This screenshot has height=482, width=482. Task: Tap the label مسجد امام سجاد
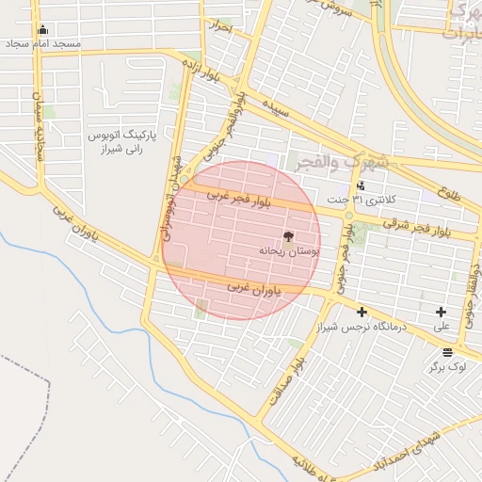tap(43, 44)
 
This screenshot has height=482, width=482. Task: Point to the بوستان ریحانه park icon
tap(288, 237)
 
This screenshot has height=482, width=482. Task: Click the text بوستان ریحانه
tap(290, 251)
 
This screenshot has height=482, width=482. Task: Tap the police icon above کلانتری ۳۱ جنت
tap(361, 185)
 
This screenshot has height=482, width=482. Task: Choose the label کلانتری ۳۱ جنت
tap(361, 200)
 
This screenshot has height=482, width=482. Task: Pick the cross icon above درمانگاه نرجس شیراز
tap(361, 312)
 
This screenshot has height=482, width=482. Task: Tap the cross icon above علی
tap(441, 312)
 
